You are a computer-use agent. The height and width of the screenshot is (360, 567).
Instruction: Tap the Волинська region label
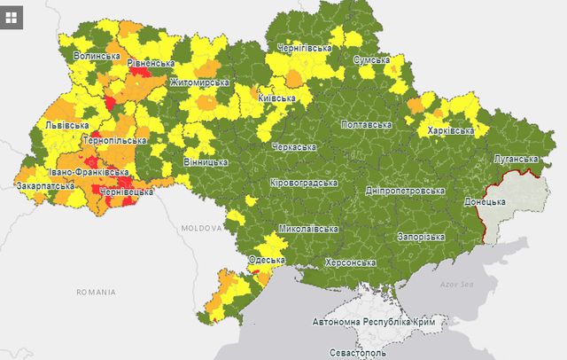coord(97,56)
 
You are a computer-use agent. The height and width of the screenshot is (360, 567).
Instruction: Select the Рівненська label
coord(150,64)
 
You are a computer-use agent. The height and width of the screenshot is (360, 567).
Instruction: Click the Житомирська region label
coord(199,82)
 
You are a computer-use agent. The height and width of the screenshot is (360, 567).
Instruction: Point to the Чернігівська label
coord(305,46)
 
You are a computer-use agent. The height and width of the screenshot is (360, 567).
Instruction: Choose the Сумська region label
coord(371,59)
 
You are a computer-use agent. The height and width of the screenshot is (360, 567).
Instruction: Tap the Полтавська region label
coord(366,124)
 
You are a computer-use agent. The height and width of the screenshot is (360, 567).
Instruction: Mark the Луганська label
coord(514,160)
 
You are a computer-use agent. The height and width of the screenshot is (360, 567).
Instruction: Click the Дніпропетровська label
coord(405,191)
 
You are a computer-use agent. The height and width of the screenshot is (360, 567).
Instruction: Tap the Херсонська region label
coord(350,262)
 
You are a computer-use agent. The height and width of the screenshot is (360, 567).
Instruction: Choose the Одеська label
coord(266,261)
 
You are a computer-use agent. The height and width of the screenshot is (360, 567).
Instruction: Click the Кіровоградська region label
coord(304,183)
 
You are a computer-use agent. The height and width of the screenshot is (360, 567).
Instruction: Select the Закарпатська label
coord(43,186)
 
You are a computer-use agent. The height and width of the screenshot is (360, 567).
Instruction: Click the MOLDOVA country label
coord(202,228)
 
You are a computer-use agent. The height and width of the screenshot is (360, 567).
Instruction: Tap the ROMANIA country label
coord(96,292)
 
